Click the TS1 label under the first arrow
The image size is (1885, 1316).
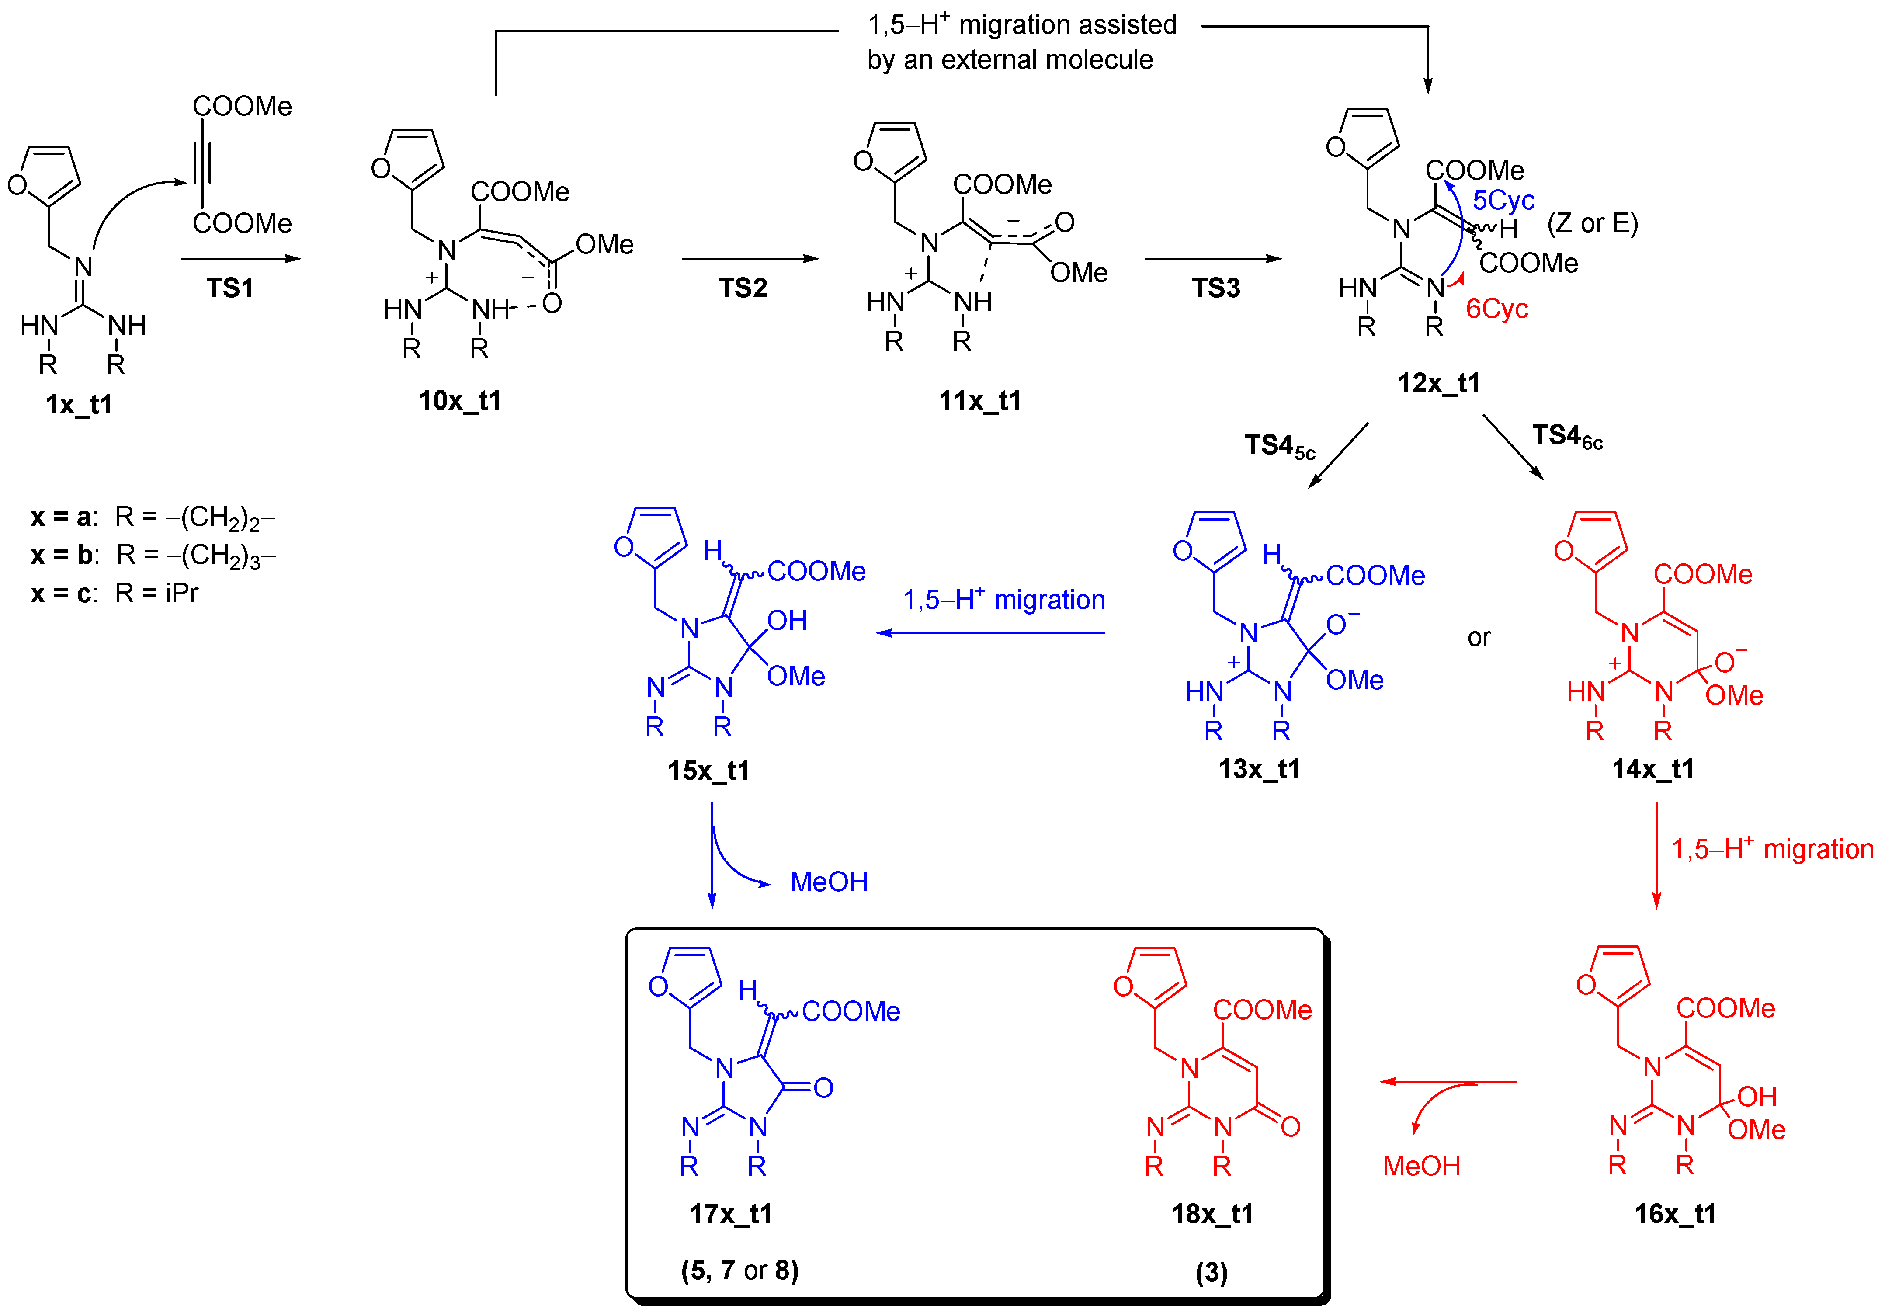point(230,288)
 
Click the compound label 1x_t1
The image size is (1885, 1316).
point(79,404)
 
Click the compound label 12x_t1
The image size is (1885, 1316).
point(1438,382)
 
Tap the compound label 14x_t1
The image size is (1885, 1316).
point(1652,769)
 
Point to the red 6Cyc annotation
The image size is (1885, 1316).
point(1496,309)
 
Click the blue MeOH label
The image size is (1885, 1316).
point(828,882)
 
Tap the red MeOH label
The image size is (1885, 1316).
point(1421,1166)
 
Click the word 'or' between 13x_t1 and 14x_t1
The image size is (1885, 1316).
point(1479,638)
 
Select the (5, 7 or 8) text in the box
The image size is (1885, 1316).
point(740,1270)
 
